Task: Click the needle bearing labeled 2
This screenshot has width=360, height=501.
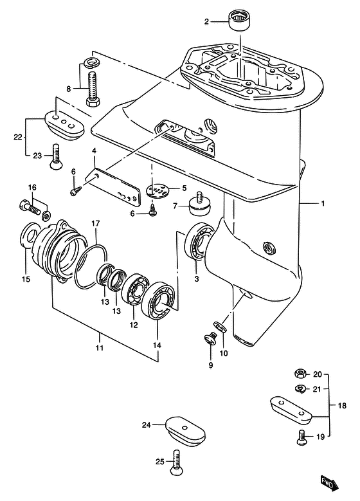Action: pos(240,20)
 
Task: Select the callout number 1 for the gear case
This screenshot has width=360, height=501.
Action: pos(323,203)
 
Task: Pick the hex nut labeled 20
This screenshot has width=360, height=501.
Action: pos(300,373)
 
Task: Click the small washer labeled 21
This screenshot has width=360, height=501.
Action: pos(300,388)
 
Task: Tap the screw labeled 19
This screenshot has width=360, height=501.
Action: pos(301,437)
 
